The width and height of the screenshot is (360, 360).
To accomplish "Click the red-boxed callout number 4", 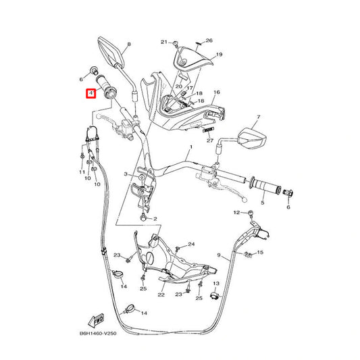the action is tap(91, 93).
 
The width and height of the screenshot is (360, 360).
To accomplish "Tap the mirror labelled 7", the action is tap(253, 139).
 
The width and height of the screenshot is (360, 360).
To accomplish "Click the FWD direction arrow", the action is tap(96, 320).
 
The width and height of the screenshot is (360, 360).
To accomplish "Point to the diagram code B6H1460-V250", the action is tap(98, 334).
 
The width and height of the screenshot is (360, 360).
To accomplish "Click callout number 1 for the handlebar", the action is tap(191, 147).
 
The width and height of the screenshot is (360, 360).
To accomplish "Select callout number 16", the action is tap(217, 93).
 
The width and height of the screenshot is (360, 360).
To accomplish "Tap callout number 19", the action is tap(220, 55).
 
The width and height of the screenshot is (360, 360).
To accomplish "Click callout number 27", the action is tap(210, 140).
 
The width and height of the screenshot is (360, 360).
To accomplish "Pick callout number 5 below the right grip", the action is tap(263, 203).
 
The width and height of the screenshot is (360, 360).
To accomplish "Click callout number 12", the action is tap(236, 213).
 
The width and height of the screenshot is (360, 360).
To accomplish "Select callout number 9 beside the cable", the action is tap(219, 255).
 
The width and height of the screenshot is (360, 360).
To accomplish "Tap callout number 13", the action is tap(216, 284).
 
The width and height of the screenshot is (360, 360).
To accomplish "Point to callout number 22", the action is tap(161, 294).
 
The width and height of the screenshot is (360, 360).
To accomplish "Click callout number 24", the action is tap(191, 245).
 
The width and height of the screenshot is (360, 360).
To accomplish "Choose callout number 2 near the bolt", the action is tap(155, 219).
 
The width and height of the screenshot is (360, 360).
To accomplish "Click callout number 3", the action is tap(126, 174).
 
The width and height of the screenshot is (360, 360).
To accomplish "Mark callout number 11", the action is tap(82, 172).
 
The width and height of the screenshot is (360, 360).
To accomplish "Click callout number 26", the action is tap(209, 41).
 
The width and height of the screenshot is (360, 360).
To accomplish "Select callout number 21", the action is tap(164, 42).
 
